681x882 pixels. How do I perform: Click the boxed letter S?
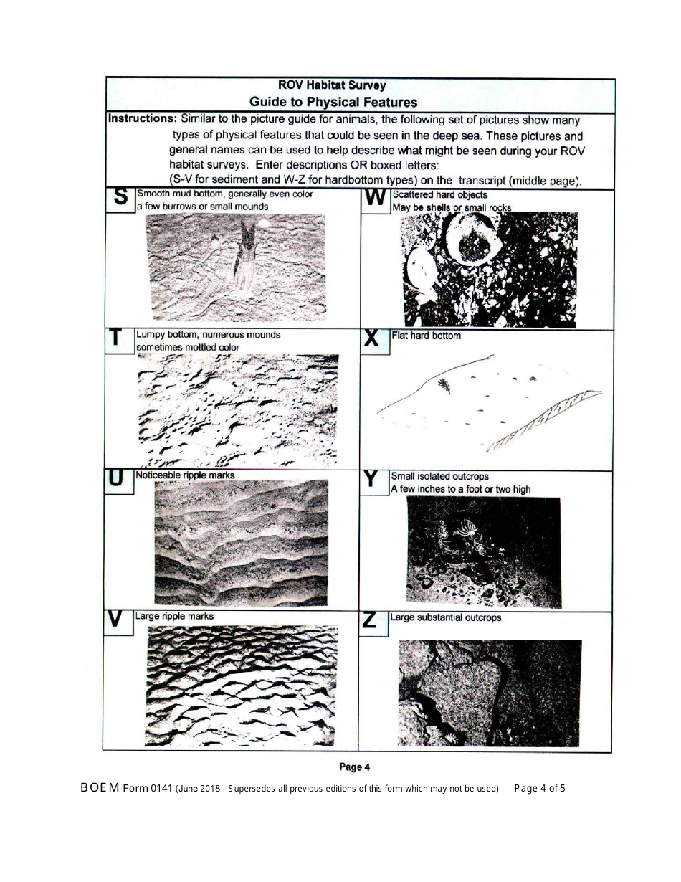[x=121, y=198]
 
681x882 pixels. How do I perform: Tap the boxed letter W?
[x=375, y=199]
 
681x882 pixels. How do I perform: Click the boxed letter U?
[x=117, y=480]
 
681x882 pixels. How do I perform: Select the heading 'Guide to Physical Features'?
[x=333, y=102]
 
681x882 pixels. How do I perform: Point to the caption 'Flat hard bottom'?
[x=426, y=336]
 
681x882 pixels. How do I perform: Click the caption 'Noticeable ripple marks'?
[x=185, y=475]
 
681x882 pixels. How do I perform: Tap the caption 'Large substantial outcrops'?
[x=445, y=617]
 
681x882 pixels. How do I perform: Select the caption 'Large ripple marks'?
[x=174, y=616]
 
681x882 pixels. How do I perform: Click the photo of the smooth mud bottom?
[x=234, y=267]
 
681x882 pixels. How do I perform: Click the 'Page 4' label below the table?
[x=354, y=767]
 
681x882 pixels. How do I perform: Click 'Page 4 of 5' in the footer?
[x=540, y=788]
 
